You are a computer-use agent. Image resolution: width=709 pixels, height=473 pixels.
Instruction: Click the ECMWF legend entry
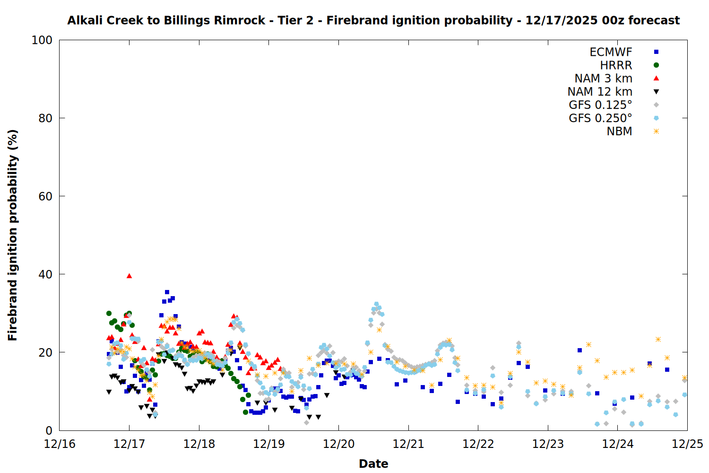pyautogui.click(x=611, y=52)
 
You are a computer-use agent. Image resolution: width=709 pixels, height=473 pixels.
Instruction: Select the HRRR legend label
pyautogui.click(x=616, y=65)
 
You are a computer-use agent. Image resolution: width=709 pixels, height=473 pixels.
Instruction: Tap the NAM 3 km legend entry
pyautogui.click(x=603, y=79)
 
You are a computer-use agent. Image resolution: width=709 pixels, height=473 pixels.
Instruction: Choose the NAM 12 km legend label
pyautogui.click(x=600, y=92)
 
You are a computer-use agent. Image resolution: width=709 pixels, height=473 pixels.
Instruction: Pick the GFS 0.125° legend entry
pyautogui.click(x=600, y=105)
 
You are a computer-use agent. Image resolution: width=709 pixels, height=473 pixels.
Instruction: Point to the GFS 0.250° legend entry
pyautogui.click(x=600, y=118)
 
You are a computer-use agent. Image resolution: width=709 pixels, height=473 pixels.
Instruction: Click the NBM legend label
pyautogui.click(x=619, y=131)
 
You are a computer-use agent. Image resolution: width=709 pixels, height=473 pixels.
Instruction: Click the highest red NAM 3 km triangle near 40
pyautogui.click(x=129, y=276)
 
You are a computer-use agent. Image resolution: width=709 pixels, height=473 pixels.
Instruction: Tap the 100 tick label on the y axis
pyautogui.click(x=42, y=40)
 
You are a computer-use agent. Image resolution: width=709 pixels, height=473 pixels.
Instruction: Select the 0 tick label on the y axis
pyautogui.click(x=48, y=430)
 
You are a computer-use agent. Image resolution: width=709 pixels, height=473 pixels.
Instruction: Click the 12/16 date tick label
pyautogui.click(x=60, y=444)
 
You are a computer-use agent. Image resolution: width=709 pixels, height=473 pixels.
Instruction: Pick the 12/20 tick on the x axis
pyautogui.click(x=338, y=444)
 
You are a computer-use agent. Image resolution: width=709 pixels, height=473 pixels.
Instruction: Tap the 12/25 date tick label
pyautogui.click(x=687, y=444)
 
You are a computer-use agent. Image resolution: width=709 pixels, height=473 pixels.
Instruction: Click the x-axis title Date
pyautogui.click(x=373, y=464)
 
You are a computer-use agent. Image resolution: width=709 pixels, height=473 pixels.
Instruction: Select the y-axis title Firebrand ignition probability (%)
pyautogui.click(x=13, y=235)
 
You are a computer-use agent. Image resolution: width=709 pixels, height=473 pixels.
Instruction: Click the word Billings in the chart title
pyautogui.click(x=187, y=20)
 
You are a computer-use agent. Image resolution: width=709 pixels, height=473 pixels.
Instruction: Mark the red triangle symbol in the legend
pyautogui.click(x=656, y=79)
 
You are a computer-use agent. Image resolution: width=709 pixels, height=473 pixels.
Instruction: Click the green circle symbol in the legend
pyautogui.click(x=656, y=65)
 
